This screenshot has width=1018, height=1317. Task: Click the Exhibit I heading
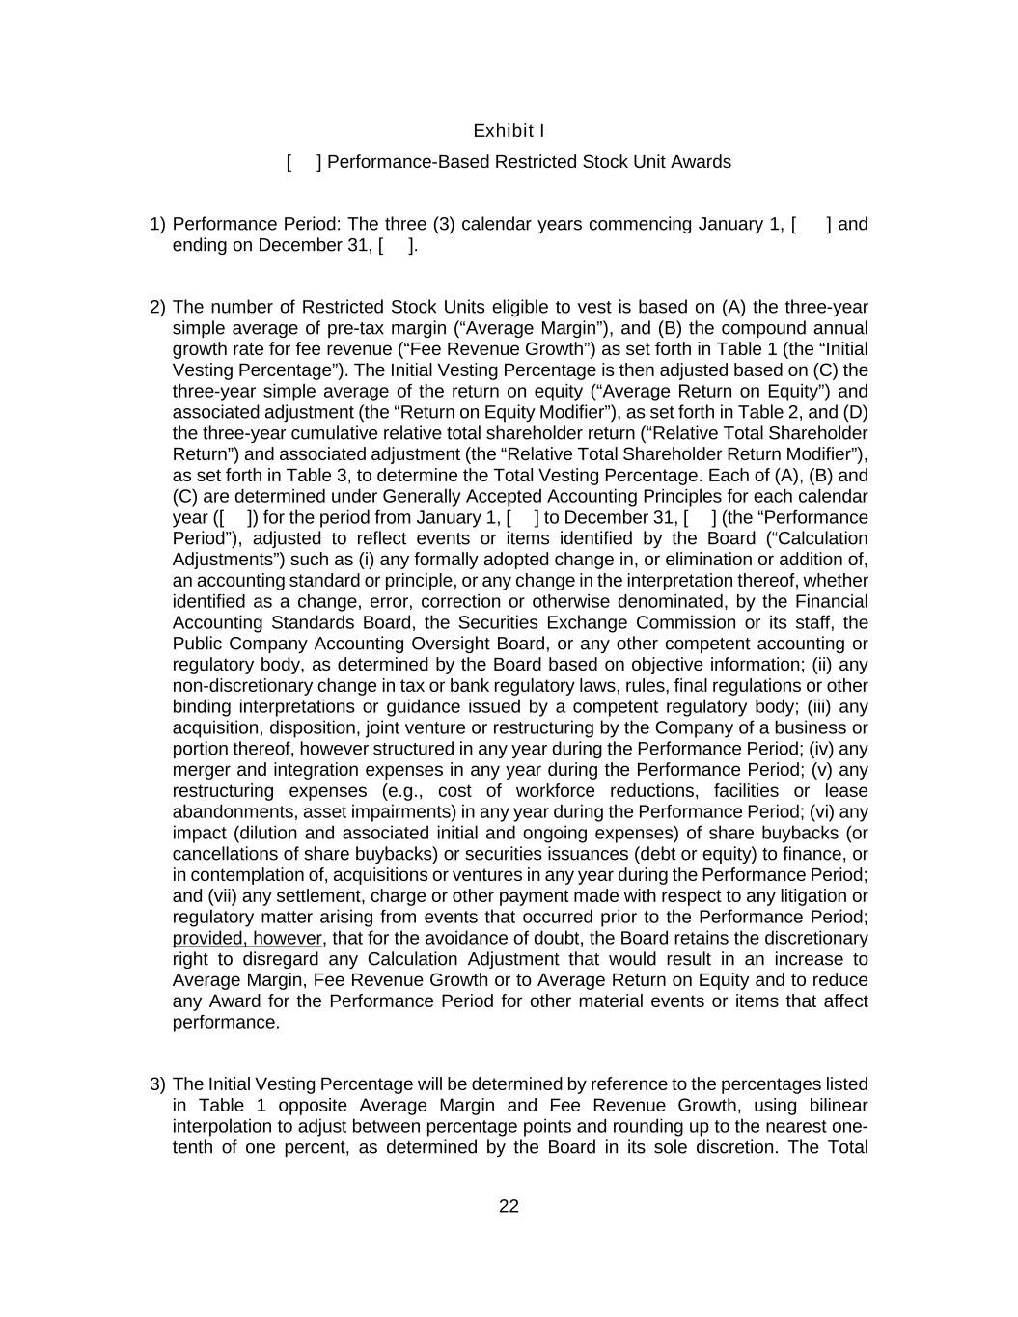pyautogui.click(x=509, y=130)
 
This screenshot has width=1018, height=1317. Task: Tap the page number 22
pyautogui.click(x=509, y=1206)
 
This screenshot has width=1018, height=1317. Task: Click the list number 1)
pyautogui.click(x=158, y=225)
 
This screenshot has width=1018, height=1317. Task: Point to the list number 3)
pyautogui.click(x=158, y=1084)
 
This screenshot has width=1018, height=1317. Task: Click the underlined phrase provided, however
pyautogui.click(x=247, y=939)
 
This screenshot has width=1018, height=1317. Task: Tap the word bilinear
pyautogui.click(x=833, y=1106)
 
